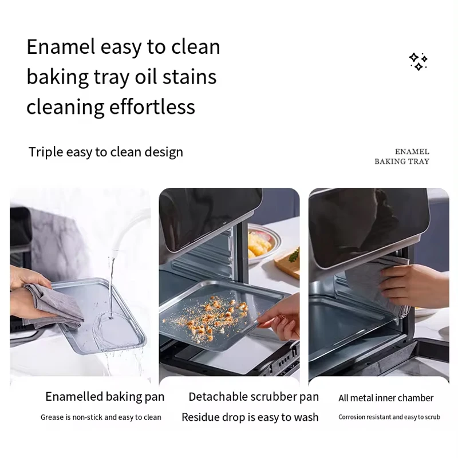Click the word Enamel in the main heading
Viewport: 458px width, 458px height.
coord(61,47)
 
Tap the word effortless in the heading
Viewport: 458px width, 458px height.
coord(152,106)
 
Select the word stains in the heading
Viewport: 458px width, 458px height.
coord(189,77)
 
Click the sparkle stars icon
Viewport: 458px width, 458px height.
coord(418,61)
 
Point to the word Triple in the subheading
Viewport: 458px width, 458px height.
coord(46,152)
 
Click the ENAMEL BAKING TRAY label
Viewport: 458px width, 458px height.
coord(402,156)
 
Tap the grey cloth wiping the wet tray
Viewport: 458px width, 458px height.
coord(54,305)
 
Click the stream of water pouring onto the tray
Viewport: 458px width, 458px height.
coord(110,288)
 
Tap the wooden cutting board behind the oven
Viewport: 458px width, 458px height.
coord(288,263)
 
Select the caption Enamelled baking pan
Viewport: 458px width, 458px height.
coord(105,397)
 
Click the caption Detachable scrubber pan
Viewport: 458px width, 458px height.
coord(254,397)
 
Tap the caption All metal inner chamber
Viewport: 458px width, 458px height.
coord(386,398)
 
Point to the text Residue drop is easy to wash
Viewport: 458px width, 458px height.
coord(250,417)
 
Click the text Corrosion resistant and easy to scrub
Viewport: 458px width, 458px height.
coord(389,417)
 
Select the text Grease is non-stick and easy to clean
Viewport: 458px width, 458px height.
coord(101,417)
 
